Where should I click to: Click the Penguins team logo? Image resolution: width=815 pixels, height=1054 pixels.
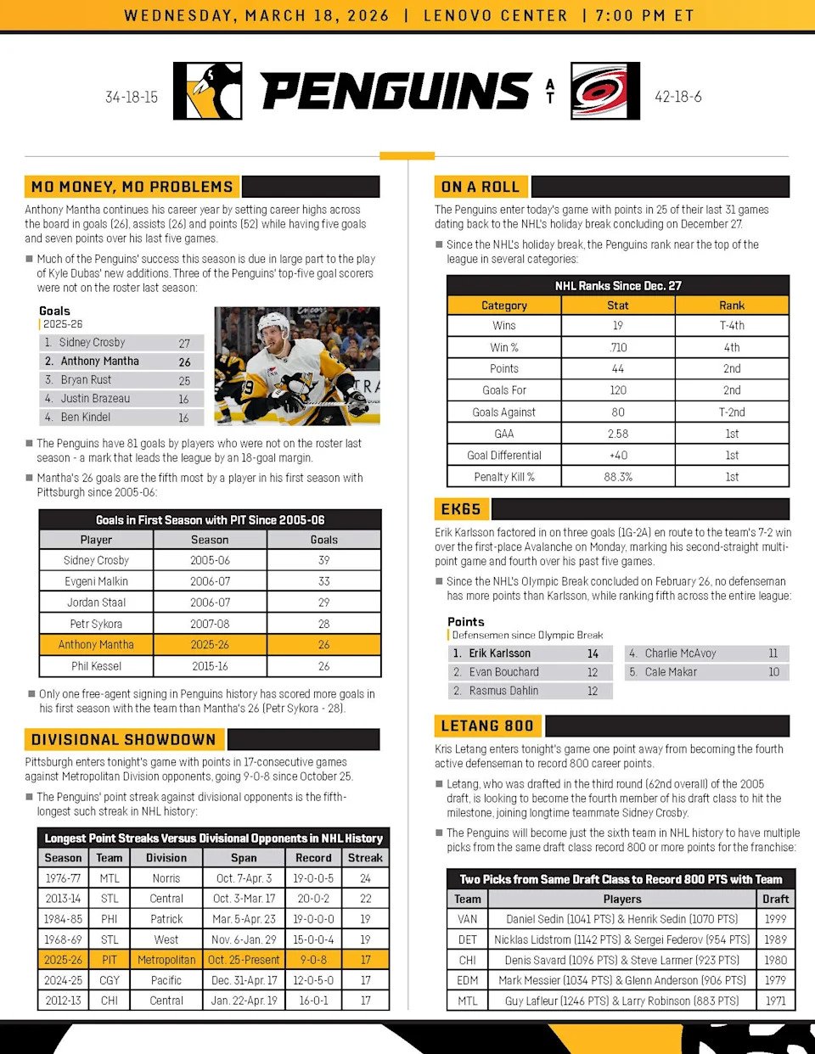[208, 91]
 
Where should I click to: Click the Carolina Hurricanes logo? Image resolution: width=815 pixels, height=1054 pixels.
[605, 91]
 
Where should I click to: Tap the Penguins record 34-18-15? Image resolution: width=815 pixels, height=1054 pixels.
[132, 97]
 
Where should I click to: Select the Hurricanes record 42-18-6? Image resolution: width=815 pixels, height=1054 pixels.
[677, 97]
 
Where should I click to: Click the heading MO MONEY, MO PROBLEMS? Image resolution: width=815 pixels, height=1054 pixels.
[132, 187]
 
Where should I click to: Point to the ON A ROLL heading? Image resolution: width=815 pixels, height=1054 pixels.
[481, 187]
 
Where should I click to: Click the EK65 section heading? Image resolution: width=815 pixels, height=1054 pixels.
[461, 509]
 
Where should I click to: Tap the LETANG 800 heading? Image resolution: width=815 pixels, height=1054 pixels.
[487, 726]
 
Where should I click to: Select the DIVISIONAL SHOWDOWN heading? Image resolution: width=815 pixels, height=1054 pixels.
[124, 739]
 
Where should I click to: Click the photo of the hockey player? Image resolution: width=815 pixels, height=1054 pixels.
[297, 366]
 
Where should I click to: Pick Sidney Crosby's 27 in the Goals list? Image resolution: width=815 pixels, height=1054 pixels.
[184, 343]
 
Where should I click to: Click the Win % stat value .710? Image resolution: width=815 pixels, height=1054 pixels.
[618, 347]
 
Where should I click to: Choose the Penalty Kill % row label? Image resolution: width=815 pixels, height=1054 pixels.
[504, 477]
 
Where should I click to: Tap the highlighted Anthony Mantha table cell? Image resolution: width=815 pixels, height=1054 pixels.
[96, 645]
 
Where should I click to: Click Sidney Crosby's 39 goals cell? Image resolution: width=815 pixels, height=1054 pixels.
[323, 560]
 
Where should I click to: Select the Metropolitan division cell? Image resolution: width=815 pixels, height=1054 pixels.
[166, 960]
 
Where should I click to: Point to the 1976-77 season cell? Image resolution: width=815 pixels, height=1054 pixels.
[64, 878]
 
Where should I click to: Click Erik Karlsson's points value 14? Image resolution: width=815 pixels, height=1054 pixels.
[593, 653]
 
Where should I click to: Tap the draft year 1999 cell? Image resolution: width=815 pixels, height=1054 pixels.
[775, 919]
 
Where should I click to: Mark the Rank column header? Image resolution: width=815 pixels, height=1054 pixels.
[732, 306]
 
